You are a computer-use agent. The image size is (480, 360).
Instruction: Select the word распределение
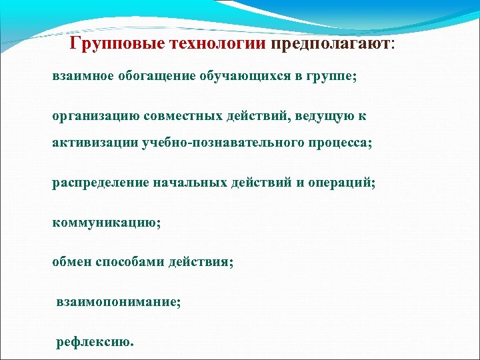[x=99, y=182]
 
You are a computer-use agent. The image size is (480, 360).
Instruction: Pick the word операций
[x=341, y=182]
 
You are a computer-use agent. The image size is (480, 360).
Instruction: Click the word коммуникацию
[x=106, y=222]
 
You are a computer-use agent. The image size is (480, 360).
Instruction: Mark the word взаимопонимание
[x=118, y=302]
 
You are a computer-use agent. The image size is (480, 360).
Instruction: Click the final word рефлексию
[x=94, y=342]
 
